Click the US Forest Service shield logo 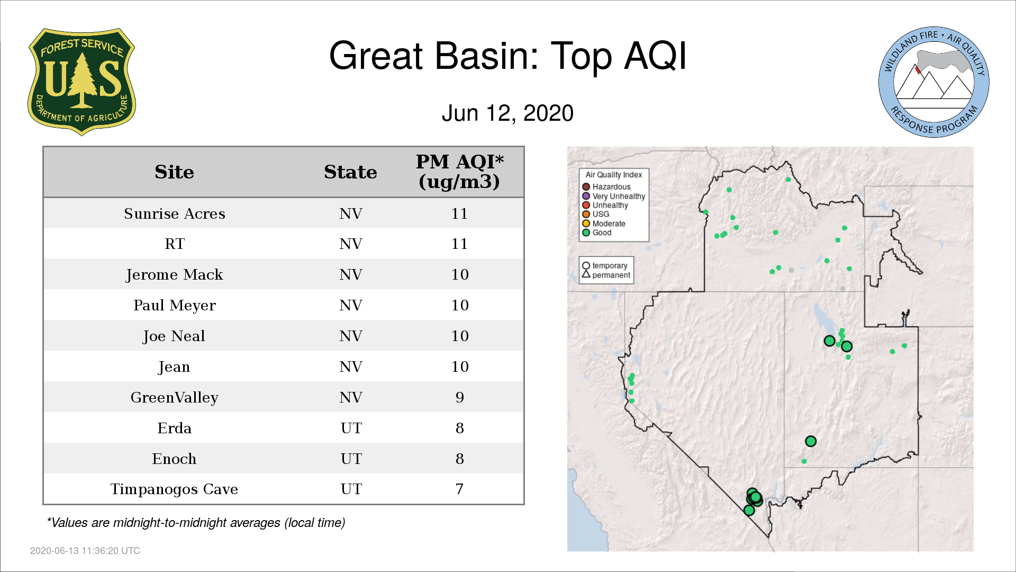point(81,82)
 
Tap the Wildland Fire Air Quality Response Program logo point(934,82)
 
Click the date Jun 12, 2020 point(507,113)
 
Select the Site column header point(174,172)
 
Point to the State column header point(350,172)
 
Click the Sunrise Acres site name point(175,213)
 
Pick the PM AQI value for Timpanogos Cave point(459,489)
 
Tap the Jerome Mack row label point(174,274)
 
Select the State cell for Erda point(351,428)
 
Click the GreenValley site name point(174,398)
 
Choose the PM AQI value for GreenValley point(459,397)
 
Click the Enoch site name point(174,459)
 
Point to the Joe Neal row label point(174,336)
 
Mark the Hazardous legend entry point(606,187)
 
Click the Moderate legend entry point(604,224)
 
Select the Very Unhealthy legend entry point(614,196)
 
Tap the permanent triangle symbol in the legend point(586,274)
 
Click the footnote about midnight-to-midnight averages point(196,523)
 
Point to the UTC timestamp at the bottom point(85,551)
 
